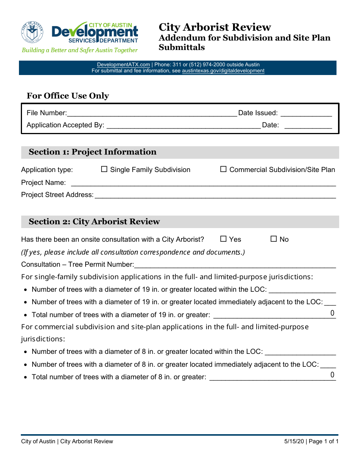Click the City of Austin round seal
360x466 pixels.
point(32,32)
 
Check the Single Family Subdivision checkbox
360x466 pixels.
point(104,169)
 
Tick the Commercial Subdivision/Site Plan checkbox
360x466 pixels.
point(224,169)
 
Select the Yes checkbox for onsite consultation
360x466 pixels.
point(223,239)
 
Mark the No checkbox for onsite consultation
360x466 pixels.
point(274,239)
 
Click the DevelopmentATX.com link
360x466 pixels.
point(124,65)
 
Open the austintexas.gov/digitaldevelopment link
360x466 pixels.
point(223,71)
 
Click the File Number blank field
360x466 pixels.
point(152,113)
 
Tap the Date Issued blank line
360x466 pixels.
point(306,113)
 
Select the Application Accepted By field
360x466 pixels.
point(183,125)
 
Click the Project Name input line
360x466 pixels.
point(203,183)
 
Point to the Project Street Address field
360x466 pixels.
point(215,195)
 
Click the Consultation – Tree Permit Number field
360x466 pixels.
point(235,264)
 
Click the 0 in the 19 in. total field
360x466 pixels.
point(332,313)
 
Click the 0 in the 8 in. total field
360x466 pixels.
point(332,375)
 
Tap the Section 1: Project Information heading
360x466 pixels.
point(92,152)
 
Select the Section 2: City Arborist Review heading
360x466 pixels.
point(94,222)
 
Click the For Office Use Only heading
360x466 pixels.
point(68,96)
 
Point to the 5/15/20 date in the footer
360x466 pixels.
point(294,441)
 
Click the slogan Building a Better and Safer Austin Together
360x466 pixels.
point(80,50)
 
